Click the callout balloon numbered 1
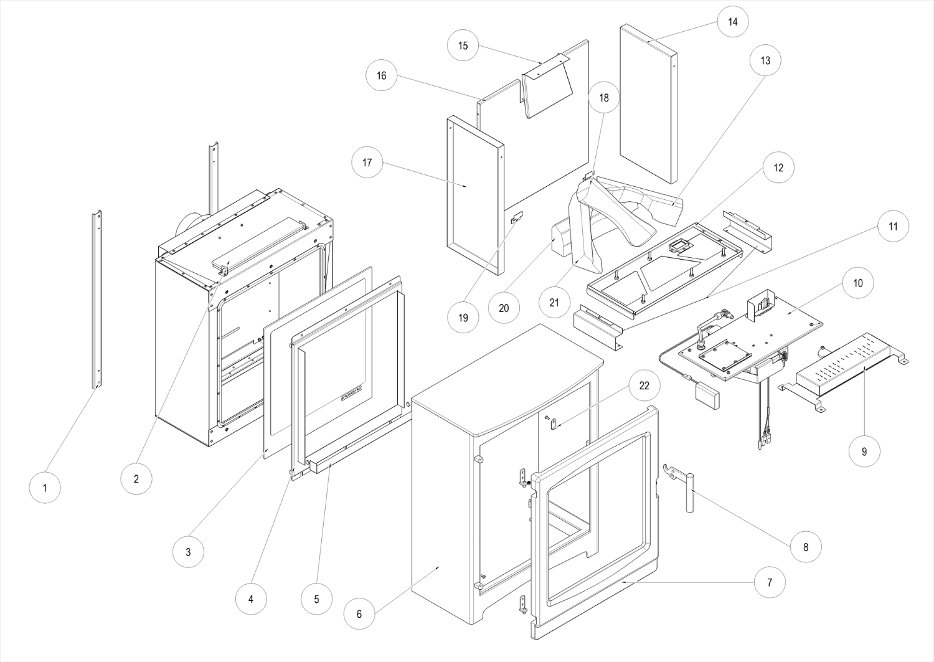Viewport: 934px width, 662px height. (45, 488)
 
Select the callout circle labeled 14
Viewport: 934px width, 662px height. (732, 22)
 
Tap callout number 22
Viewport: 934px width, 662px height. (644, 385)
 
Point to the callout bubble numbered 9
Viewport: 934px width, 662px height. (864, 452)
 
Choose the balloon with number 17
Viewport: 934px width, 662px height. (367, 163)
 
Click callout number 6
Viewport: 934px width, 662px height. (359, 613)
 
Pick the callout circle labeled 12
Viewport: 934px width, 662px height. (778, 168)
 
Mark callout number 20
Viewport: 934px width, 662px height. (504, 308)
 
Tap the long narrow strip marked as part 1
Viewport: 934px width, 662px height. (97, 299)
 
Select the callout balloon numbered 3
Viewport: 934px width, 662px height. (188, 552)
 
